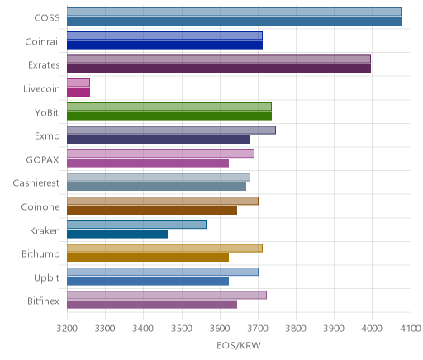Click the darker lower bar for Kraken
[x=117, y=234]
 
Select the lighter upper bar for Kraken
[x=136, y=225]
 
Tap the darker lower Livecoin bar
[x=78, y=92]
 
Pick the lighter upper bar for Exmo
[x=171, y=130]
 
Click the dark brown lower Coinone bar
[x=152, y=211]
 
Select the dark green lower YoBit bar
[x=169, y=116]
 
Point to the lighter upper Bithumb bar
[x=164, y=249]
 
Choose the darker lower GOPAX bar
[x=148, y=163]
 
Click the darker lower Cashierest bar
[x=157, y=187]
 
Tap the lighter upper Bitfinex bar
[x=167, y=296]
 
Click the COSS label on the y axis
[x=47, y=18]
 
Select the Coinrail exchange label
[x=42, y=42]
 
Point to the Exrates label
[x=44, y=65]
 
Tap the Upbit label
[x=46, y=278]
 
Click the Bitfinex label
[x=43, y=301]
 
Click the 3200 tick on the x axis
[x=67, y=329]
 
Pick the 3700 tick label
[x=258, y=329]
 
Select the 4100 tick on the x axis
[x=411, y=329]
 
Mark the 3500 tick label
[x=182, y=329]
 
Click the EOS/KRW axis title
[x=239, y=346]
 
